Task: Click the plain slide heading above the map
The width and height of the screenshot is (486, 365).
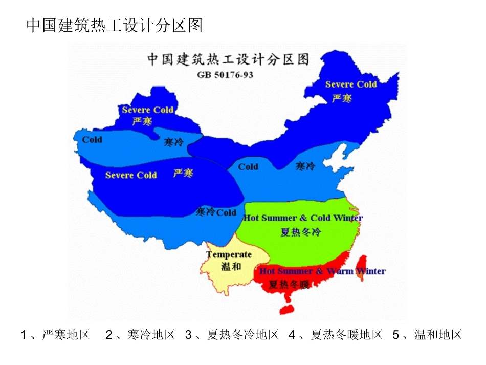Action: pos(114,25)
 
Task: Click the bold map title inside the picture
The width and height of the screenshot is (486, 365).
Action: pos(229,59)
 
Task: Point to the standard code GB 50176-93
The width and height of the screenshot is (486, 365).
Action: pos(225,74)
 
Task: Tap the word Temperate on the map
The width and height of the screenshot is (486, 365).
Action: pos(229,254)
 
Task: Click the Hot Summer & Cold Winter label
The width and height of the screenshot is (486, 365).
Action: pos(303,218)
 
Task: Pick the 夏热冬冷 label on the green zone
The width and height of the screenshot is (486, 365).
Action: pos(300,232)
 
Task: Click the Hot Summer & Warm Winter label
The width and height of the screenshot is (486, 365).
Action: pos(322,271)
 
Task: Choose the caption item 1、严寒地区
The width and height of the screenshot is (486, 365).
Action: pos(56,335)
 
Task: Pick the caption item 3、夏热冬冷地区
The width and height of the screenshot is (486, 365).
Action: pos(232,335)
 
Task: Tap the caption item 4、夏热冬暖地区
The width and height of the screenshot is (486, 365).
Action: pos(336,335)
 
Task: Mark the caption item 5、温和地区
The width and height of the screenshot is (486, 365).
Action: pos(428,335)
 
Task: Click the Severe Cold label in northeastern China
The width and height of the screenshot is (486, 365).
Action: pos(351,84)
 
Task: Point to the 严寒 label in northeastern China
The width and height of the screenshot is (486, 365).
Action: pos(342,98)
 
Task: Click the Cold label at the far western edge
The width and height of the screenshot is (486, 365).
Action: pos(92,139)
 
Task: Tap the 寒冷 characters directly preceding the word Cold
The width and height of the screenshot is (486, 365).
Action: pos(206,212)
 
